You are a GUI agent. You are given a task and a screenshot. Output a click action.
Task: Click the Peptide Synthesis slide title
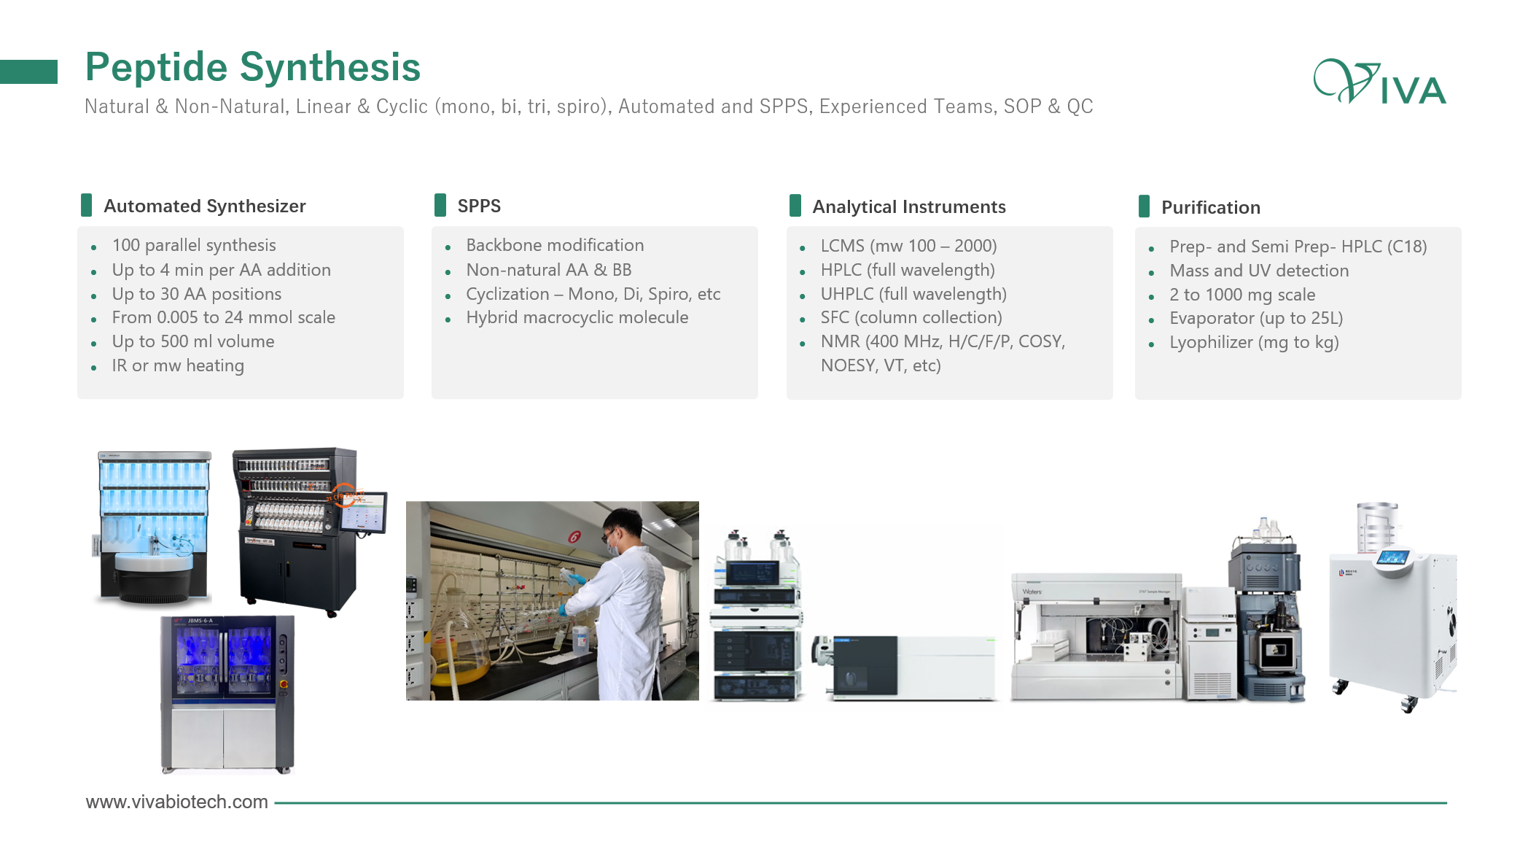(253, 67)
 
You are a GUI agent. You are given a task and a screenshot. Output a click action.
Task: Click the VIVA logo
(1380, 82)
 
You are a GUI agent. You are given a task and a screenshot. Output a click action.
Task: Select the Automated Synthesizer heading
(205, 206)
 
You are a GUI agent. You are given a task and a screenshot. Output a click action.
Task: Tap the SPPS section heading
(479, 206)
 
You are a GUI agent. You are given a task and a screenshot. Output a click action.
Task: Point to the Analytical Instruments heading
(909, 207)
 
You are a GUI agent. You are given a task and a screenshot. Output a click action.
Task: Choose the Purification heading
(1211, 208)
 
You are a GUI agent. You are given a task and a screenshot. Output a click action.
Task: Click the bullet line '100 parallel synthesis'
(194, 245)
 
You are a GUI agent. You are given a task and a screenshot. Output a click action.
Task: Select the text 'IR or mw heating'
(178, 365)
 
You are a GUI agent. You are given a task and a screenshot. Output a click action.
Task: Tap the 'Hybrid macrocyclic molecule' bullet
(577, 317)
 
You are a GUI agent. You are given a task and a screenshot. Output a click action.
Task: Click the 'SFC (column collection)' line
(911, 317)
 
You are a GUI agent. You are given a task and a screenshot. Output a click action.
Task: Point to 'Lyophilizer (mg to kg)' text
(1254, 342)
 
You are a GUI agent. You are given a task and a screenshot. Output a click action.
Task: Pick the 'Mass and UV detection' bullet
(1259, 271)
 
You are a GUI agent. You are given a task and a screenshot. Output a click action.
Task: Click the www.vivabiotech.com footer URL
(177, 802)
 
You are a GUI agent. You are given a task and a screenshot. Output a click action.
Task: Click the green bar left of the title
(28, 71)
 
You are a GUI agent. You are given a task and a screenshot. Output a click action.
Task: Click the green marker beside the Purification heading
(1145, 206)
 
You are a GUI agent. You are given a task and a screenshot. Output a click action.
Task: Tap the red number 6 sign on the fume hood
(574, 537)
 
